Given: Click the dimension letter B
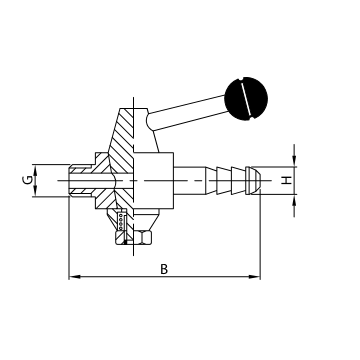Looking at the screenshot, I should coord(163,268).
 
